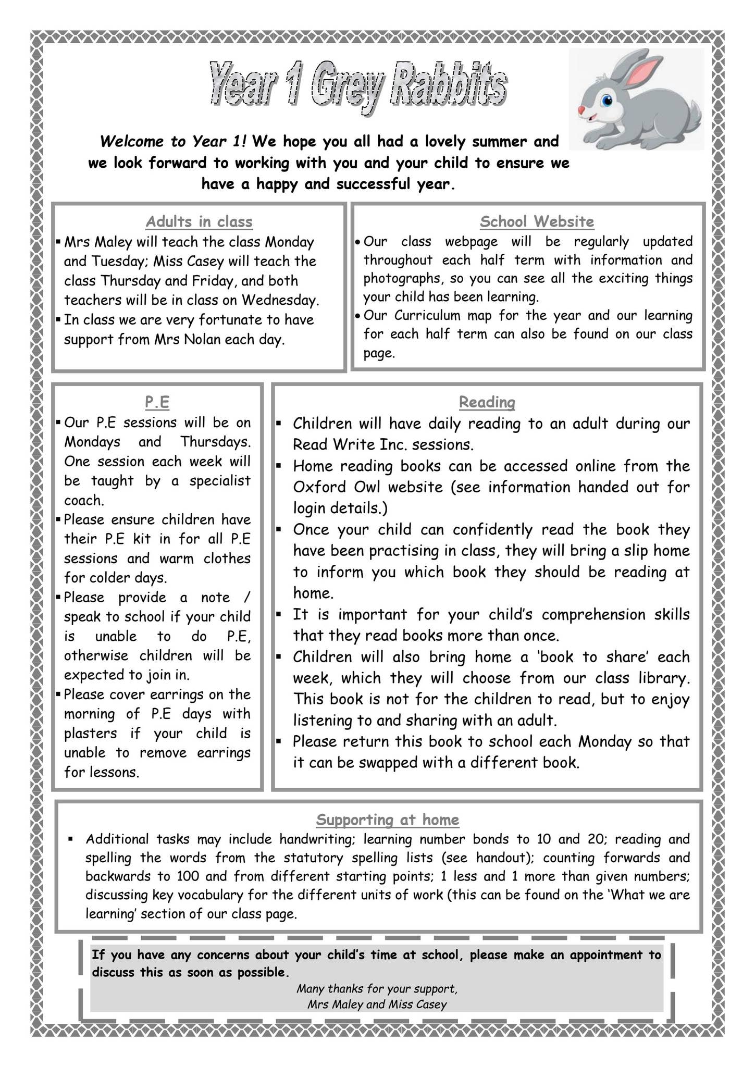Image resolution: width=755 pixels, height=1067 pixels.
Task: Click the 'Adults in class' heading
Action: coord(199,222)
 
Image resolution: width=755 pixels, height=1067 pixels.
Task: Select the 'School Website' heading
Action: coord(537,222)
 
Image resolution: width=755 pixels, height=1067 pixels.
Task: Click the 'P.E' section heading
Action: coord(157,402)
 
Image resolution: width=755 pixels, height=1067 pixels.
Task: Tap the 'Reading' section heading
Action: coord(487,402)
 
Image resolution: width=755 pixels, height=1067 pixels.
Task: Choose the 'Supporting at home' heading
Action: coord(388,820)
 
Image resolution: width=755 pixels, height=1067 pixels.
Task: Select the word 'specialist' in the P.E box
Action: coord(220,481)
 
